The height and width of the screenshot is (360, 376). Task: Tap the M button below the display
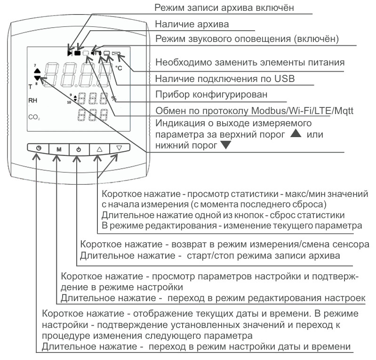(x=59, y=149)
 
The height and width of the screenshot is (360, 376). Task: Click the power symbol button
(x=79, y=149)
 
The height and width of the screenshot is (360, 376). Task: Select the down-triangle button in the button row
(x=119, y=148)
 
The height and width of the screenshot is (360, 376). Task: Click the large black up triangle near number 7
(x=38, y=70)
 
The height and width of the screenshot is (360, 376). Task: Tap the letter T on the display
(x=30, y=87)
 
